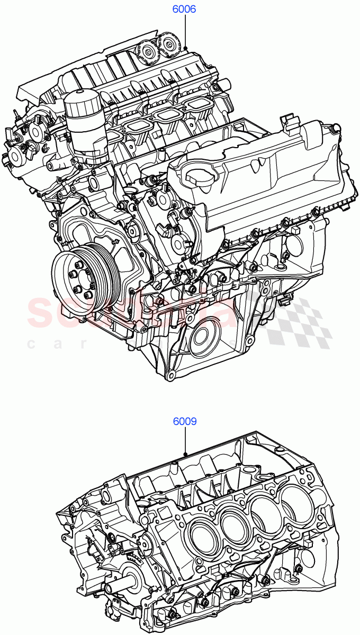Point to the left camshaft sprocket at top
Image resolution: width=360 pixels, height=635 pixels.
(146, 52)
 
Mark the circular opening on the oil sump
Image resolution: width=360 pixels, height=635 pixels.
(202, 339)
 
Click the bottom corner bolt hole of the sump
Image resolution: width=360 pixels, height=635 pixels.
(170, 376)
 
